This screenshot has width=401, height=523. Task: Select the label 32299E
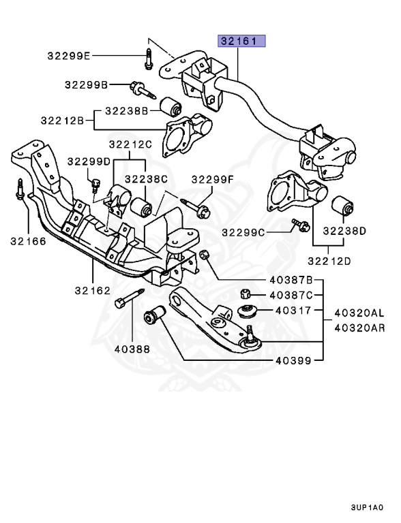[69, 56]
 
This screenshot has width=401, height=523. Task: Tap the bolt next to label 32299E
[149, 59]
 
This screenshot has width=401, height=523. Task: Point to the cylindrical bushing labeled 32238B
[170, 106]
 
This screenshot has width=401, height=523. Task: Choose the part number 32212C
[130, 144]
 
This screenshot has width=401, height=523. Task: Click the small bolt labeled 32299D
[95, 185]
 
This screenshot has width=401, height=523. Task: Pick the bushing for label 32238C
[141, 207]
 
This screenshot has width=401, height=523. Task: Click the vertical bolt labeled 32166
[20, 189]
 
